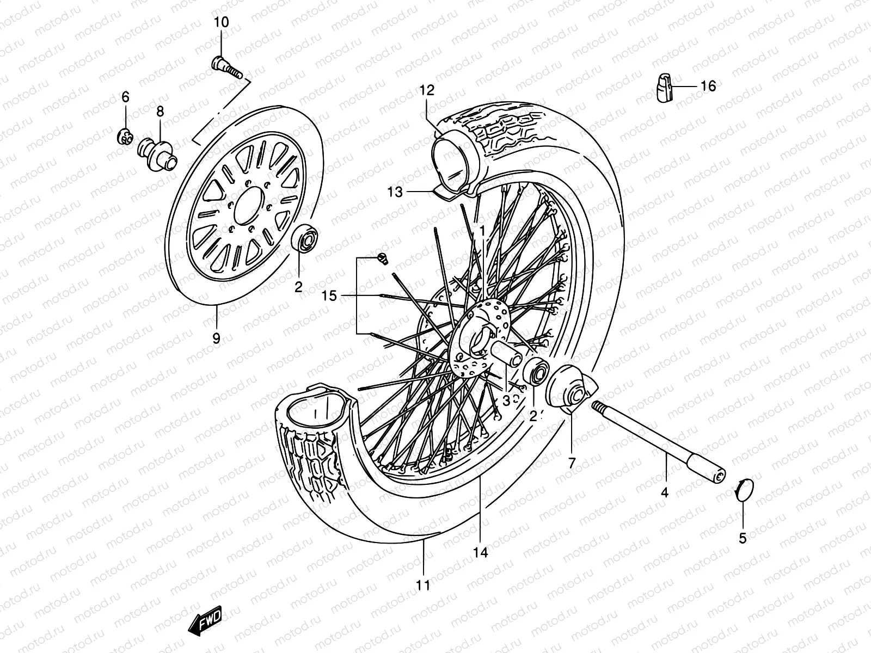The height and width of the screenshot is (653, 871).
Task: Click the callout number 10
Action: pyautogui.click(x=221, y=23)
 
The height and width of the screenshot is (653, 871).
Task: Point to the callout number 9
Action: pyautogui.click(x=216, y=338)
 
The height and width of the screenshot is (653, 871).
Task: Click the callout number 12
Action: pyautogui.click(x=441, y=90)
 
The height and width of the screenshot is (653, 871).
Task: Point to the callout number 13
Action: pyautogui.click(x=396, y=192)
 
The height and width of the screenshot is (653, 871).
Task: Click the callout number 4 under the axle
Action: pyautogui.click(x=664, y=493)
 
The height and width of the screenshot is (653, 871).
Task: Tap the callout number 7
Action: pyautogui.click(x=572, y=463)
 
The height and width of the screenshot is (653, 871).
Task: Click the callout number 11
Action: pyautogui.click(x=423, y=586)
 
